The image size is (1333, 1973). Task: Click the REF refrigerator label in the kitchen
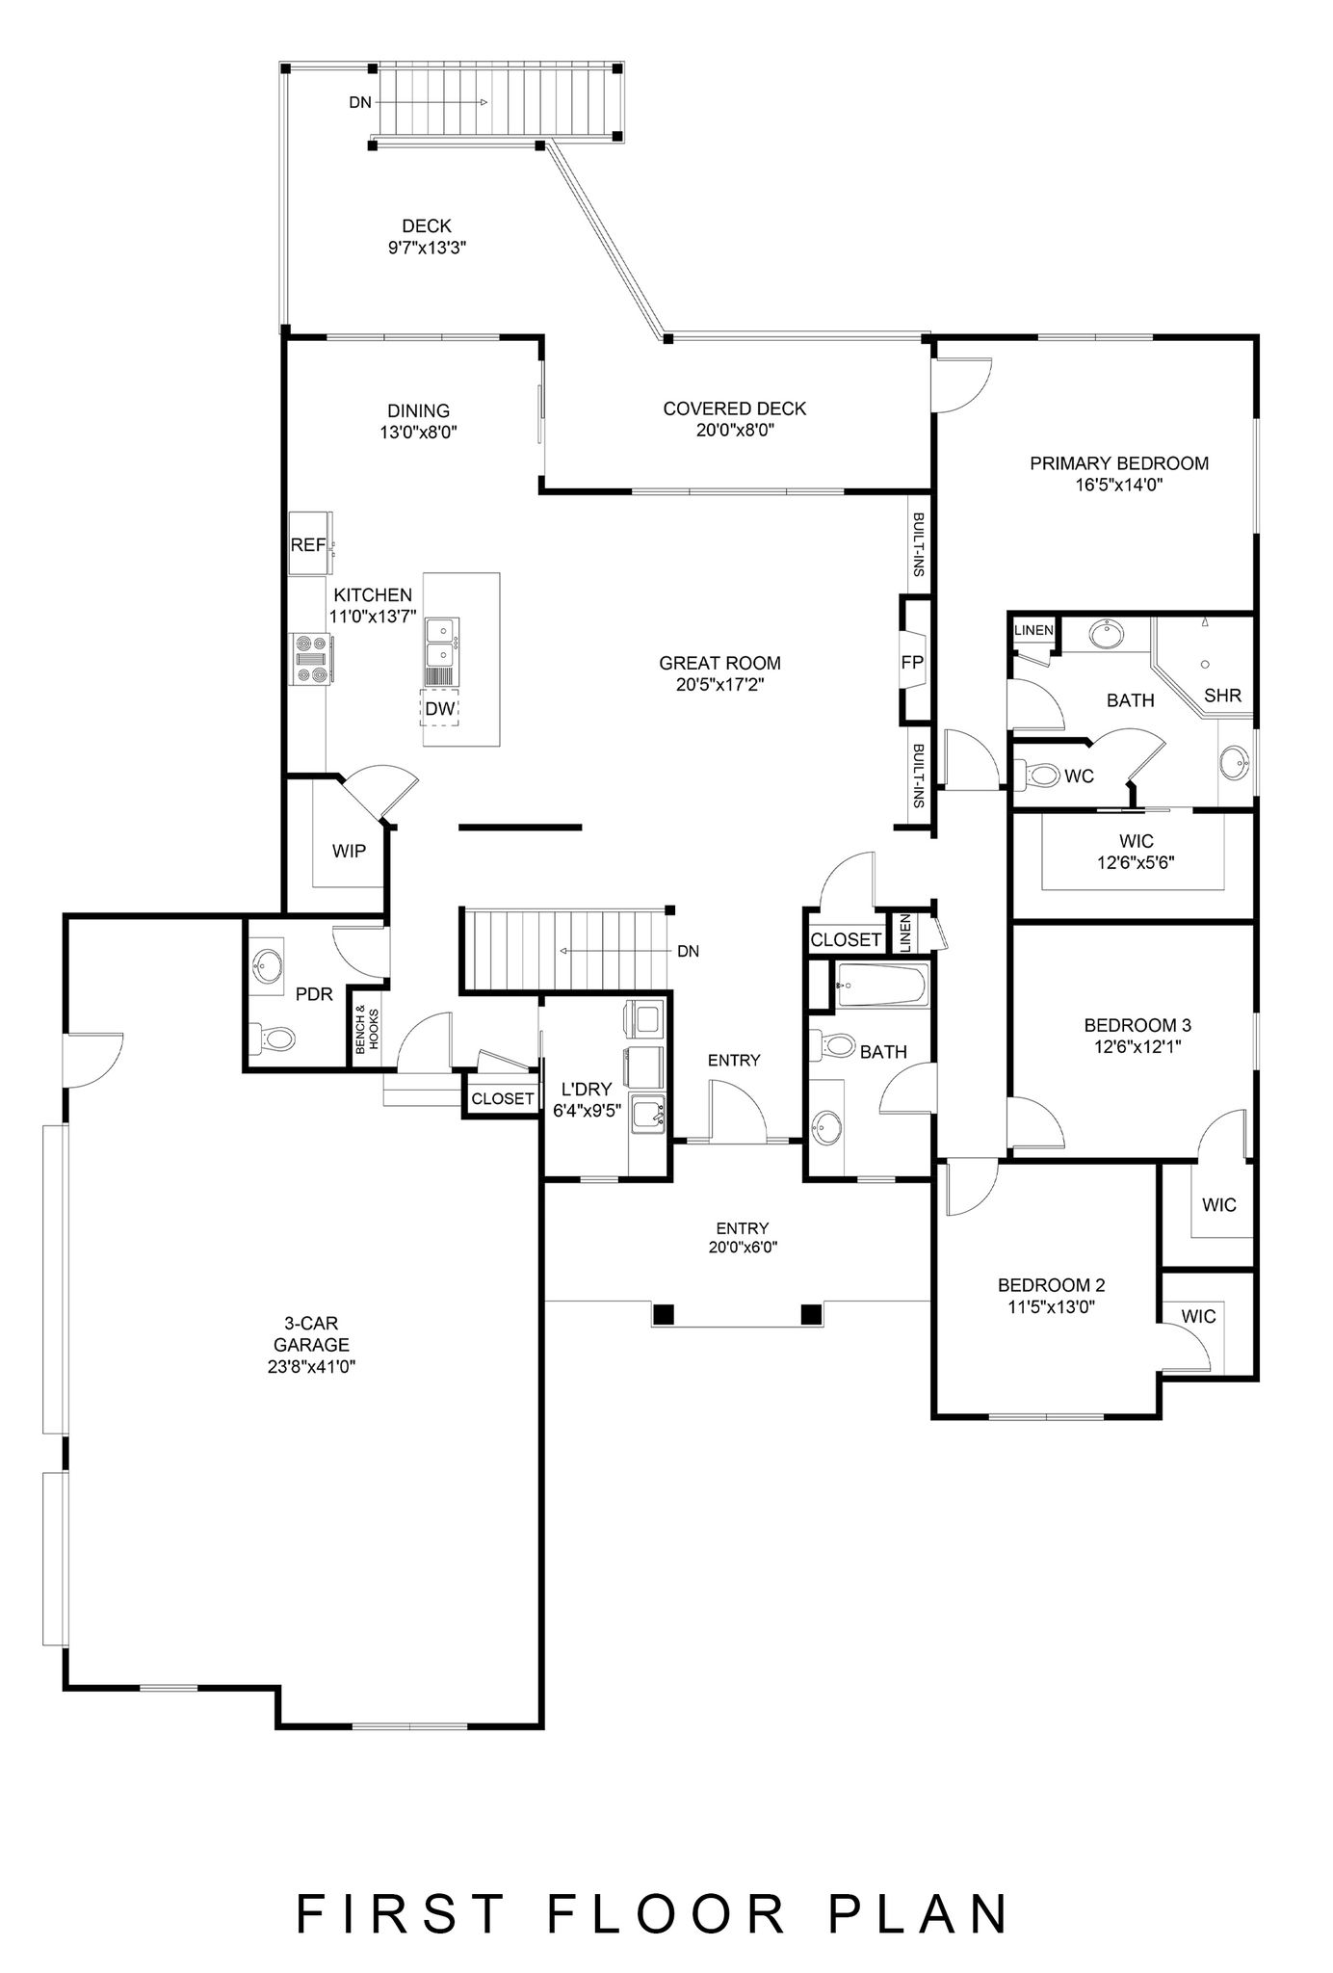(x=308, y=545)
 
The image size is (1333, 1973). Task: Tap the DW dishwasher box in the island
(x=440, y=709)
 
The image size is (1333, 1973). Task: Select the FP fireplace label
(x=912, y=662)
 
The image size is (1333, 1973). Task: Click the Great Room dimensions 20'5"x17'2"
(x=720, y=685)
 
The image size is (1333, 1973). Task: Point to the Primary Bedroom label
(x=1119, y=463)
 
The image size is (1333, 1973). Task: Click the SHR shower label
(x=1222, y=696)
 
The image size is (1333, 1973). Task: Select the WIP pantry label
(x=349, y=852)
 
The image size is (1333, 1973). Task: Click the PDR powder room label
(x=314, y=994)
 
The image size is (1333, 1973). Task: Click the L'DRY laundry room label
(x=587, y=1090)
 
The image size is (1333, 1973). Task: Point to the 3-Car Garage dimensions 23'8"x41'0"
(x=311, y=1365)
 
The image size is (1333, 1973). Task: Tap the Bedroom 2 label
(x=1051, y=1285)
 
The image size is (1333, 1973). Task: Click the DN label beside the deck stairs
(x=359, y=102)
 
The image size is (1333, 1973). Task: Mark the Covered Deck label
(x=735, y=408)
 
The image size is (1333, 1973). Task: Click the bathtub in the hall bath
(x=881, y=986)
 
